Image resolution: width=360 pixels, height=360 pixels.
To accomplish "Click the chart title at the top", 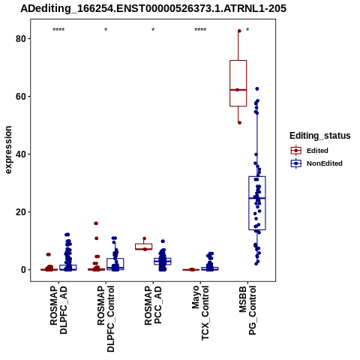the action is pyautogui.click(x=153, y=8).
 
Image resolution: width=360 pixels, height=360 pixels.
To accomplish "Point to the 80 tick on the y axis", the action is pyautogui.click(x=21, y=39).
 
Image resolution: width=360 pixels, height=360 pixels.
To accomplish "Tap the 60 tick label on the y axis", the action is pyautogui.click(x=21, y=97).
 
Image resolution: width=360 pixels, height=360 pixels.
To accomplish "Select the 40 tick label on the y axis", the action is pyautogui.click(x=21, y=154).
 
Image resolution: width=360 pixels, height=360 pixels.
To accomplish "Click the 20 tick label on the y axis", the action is pyautogui.click(x=21, y=212).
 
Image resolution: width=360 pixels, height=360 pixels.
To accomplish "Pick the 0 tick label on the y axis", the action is pyautogui.click(x=24, y=270).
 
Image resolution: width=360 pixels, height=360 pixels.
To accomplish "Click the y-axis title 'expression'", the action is pyautogui.click(x=8, y=150).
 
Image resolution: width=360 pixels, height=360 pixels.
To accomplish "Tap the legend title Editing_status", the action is pyautogui.click(x=320, y=136).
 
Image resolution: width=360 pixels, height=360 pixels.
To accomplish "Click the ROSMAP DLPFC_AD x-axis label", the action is pyautogui.click(x=58, y=310).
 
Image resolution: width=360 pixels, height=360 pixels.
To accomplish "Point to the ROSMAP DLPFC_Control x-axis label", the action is pyautogui.click(x=106, y=319).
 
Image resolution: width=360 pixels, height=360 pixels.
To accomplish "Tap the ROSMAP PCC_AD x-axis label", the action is pyautogui.click(x=153, y=305).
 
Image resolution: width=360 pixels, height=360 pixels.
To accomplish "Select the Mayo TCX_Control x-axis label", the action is pyautogui.click(x=200, y=313).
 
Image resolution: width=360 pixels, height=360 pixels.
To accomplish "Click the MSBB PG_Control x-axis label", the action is pyautogui.click(x=247, y=310).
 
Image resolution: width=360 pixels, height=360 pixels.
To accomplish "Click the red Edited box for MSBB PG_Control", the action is pyautogui.click(x=238, y=83).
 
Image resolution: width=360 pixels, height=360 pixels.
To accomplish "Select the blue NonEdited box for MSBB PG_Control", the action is pyautogui.click(x=257, y=203).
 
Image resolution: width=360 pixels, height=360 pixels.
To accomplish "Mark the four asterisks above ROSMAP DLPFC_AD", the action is pyautogui.click(x=58, y=30).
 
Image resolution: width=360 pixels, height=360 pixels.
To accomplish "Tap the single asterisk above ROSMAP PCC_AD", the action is pyautogui.click(x=153, y=30).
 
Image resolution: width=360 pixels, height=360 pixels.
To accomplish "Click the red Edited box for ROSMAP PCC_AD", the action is pyautogui.click(x=144, y=247).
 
